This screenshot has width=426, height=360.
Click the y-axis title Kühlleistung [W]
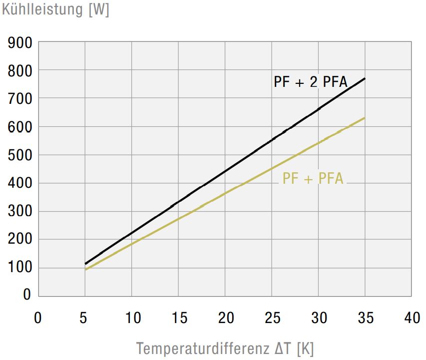tap(55, 10)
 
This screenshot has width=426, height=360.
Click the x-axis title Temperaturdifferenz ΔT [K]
tap(225, 348)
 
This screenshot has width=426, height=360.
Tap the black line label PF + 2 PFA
tap(310, 82)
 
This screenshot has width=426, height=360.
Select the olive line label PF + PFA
tap(313, 178)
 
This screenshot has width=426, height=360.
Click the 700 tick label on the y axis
tap(20, 99)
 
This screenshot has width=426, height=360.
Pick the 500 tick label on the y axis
tap(20, 155)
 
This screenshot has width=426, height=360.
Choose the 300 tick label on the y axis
tap(20, 212)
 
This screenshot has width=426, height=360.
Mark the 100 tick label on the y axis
tap(20, 268)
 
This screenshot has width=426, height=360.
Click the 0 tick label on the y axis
tap(27, 295)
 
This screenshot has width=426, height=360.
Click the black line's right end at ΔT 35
tap(365, 78)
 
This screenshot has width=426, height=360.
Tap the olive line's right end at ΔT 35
tap(365, 118)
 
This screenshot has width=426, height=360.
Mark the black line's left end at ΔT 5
tap(85, 263)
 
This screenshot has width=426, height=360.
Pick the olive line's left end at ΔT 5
tap(85, 270)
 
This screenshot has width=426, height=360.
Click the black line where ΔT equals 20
tap(225, 171)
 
